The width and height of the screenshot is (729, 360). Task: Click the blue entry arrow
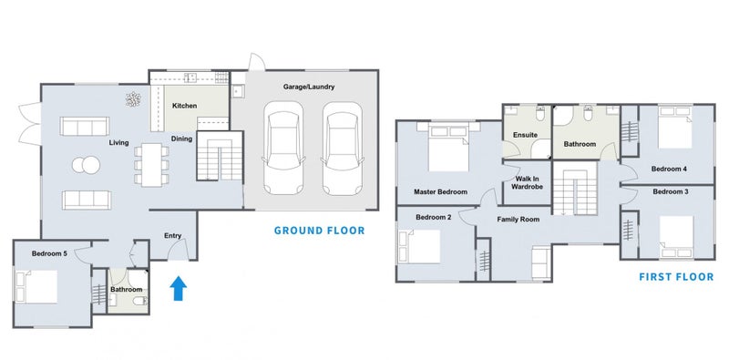click(178, 288)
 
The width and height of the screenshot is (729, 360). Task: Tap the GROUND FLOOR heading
click(319, 231)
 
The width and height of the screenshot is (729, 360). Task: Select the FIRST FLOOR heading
click(676, 277)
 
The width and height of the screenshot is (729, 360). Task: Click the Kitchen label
click(185, 106)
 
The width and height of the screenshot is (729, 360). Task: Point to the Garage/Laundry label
click(309, 87)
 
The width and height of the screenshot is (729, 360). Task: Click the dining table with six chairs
click(151, 165)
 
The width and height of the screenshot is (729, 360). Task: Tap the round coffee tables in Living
click(86, 165)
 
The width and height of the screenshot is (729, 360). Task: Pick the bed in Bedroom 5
click(36, 286)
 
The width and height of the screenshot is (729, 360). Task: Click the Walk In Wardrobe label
click(527, 183)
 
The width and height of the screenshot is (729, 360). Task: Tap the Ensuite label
click(526, 135)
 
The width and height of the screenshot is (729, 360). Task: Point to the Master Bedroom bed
click(448, 148)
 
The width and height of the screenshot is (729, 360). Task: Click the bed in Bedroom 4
click(675, 127)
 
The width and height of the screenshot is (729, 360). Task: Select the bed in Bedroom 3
click(676, 236)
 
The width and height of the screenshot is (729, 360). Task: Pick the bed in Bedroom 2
click(419, 246)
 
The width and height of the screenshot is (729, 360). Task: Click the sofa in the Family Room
click(541, 262)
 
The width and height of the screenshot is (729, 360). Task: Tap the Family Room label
click(519, 219)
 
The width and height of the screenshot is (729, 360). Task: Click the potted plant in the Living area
click(133, 99)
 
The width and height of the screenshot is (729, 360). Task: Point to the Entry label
click(172, 236)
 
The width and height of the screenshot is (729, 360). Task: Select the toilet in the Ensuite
click(540, 113)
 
